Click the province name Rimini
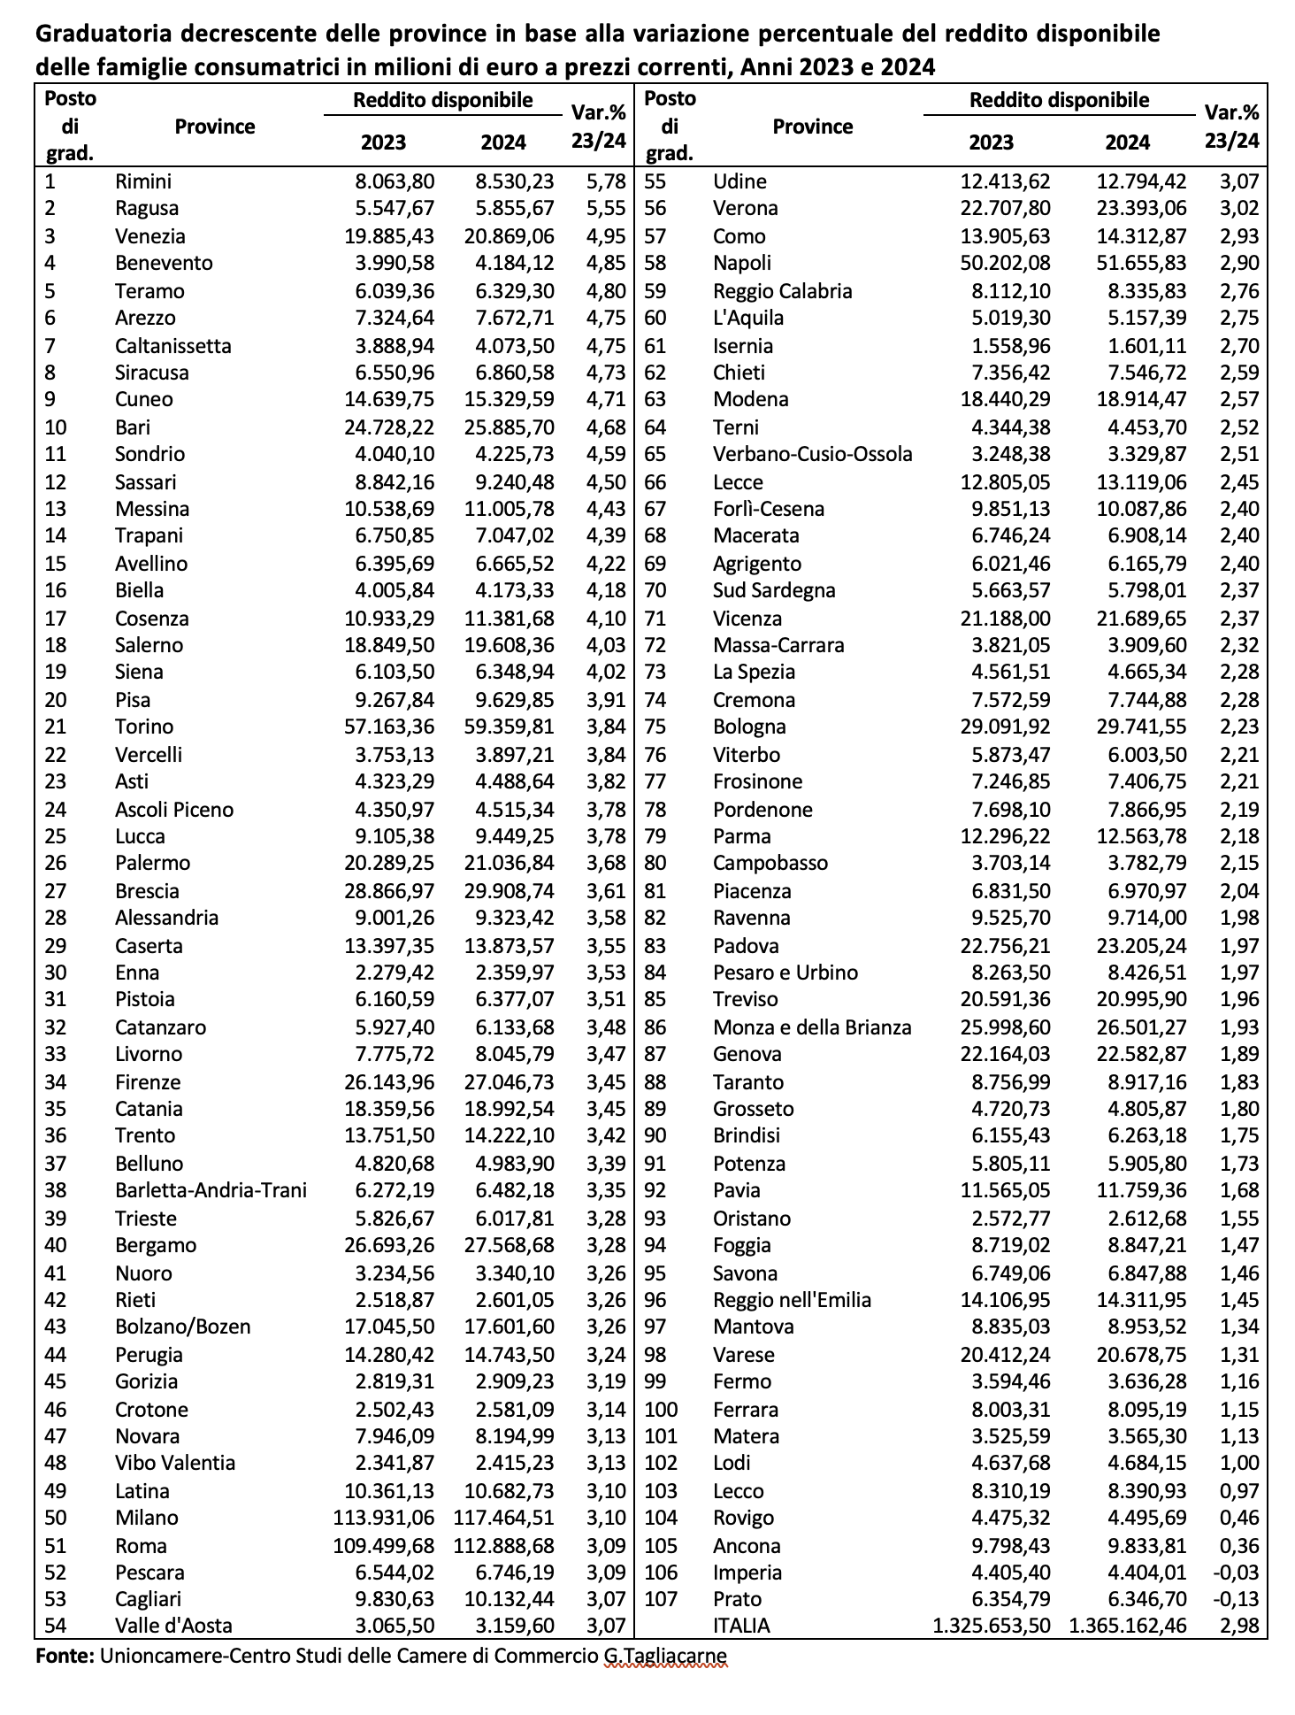pos(143,181)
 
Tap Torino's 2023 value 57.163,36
pos(389,727)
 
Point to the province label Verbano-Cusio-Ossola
pos(812,454)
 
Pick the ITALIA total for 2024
pos(1128,1626)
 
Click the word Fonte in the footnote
pos(65,1655)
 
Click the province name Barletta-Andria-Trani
pos(211,1190)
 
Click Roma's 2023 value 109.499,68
pos(384,1545)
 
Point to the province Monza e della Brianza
pos(811,1027)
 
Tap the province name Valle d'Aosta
pos(173,1626)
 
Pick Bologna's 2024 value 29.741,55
pos(1136,727)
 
